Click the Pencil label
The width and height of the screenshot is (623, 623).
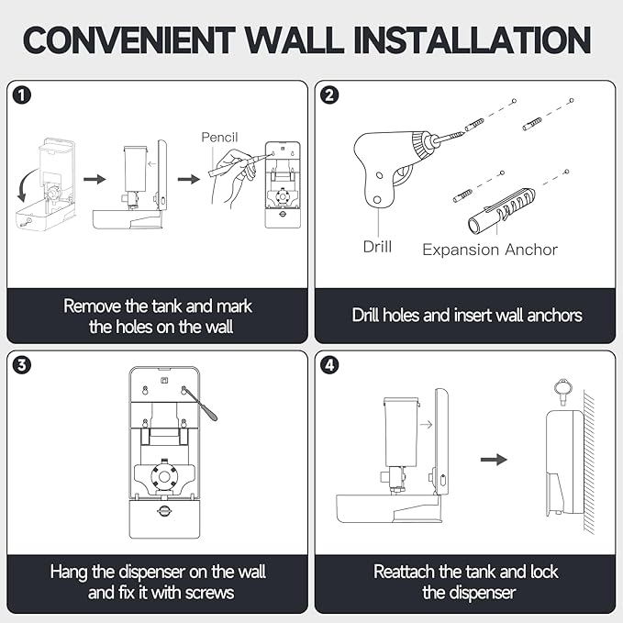219,137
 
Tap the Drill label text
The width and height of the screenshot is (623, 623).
376,247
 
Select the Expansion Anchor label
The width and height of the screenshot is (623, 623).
489,249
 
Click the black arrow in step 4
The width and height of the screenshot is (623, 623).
495,458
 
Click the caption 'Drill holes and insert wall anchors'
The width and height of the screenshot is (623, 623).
467,315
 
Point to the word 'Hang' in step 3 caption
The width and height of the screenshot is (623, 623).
71,572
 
